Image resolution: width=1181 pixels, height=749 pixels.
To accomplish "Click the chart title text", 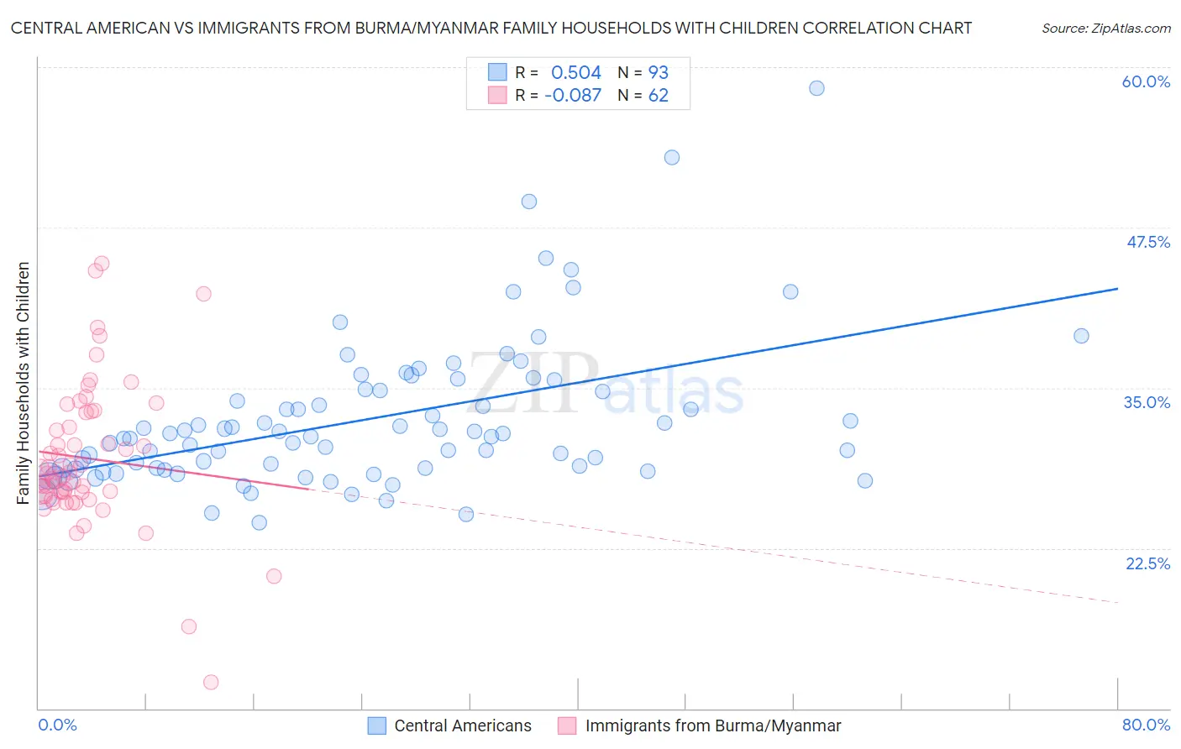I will (x=491, y=28).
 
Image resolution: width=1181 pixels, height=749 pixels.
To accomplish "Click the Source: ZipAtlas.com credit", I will (x=1105, y=29).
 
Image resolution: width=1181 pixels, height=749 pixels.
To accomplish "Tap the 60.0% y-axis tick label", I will (x=1146, y=81).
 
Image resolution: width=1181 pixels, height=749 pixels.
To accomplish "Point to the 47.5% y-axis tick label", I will (x=1147, y=242).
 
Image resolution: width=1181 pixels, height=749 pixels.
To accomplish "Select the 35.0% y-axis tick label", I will (x=1147, y=402).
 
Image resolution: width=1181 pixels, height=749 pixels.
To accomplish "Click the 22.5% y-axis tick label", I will (x=1147, y=563).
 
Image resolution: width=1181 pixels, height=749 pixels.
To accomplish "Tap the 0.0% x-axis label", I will (x=57, y=725).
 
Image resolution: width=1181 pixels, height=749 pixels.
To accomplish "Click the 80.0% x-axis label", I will (x=1146, y=725).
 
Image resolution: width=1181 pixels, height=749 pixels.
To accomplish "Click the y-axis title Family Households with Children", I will (x=24, y=383).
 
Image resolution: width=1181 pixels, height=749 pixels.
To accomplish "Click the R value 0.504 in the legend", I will (x=576, y=73).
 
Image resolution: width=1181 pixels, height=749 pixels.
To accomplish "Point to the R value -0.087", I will (x=573, y=96).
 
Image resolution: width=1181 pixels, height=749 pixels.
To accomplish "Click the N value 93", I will (x=659, y=73).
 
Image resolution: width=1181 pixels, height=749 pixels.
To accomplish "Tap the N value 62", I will (x=659, y=96).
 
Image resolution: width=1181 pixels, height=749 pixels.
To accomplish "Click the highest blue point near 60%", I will (x=816, y=88).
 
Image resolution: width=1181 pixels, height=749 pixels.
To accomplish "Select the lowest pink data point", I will (x=211, y=683).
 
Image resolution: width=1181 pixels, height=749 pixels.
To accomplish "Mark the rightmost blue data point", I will (x=1081, y=336).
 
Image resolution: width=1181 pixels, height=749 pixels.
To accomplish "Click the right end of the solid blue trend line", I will (x=1118, y=288).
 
